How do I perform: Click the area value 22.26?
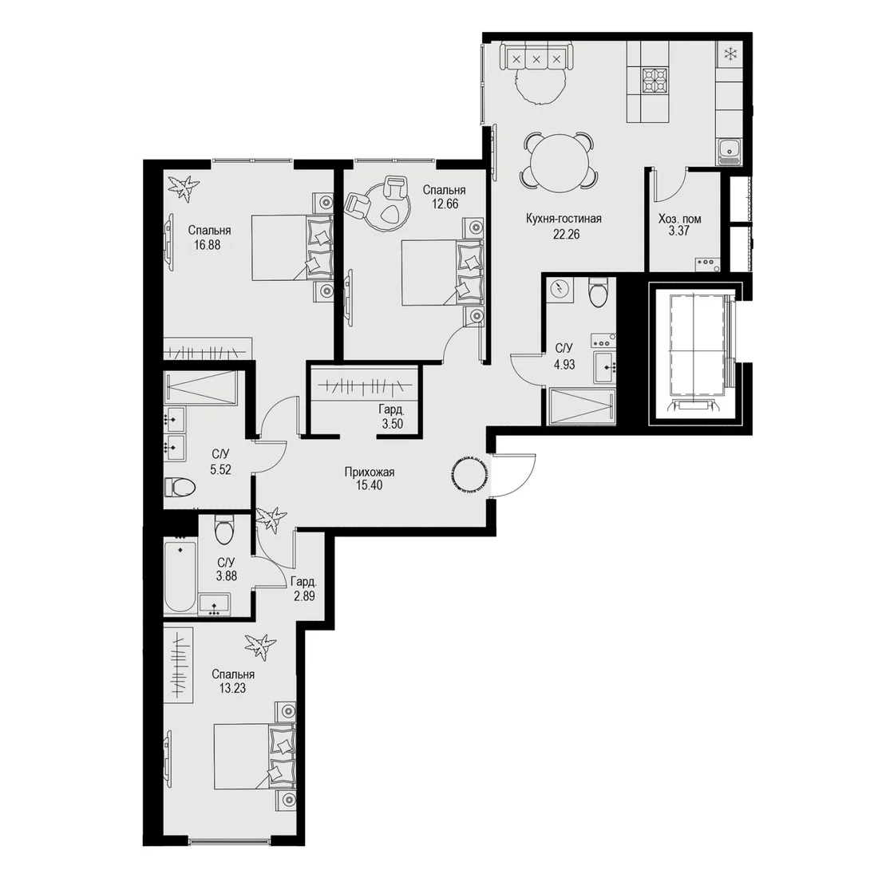click(566, 234)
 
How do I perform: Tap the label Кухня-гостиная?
click(564, 219)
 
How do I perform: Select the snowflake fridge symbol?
click(730, 54)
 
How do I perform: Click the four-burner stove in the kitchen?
click(655, 80)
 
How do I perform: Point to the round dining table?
click(558, 160)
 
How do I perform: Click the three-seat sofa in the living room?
click(536, 57)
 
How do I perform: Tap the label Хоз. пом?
click(679, 219)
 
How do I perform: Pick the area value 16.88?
click(208, 245)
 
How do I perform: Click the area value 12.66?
click(445, 204)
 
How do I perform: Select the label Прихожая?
click(369, 472)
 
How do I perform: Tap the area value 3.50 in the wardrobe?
click(393, 424)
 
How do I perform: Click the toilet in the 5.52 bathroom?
click(180, 486)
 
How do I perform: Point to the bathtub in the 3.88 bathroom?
click(180, 575)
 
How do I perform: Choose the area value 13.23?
click(232, 688)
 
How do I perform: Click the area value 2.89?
click(304, 595)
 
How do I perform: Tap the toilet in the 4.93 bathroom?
click(598, 293)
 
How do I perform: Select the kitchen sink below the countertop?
click(730, 151)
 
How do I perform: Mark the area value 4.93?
click(564, 365)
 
